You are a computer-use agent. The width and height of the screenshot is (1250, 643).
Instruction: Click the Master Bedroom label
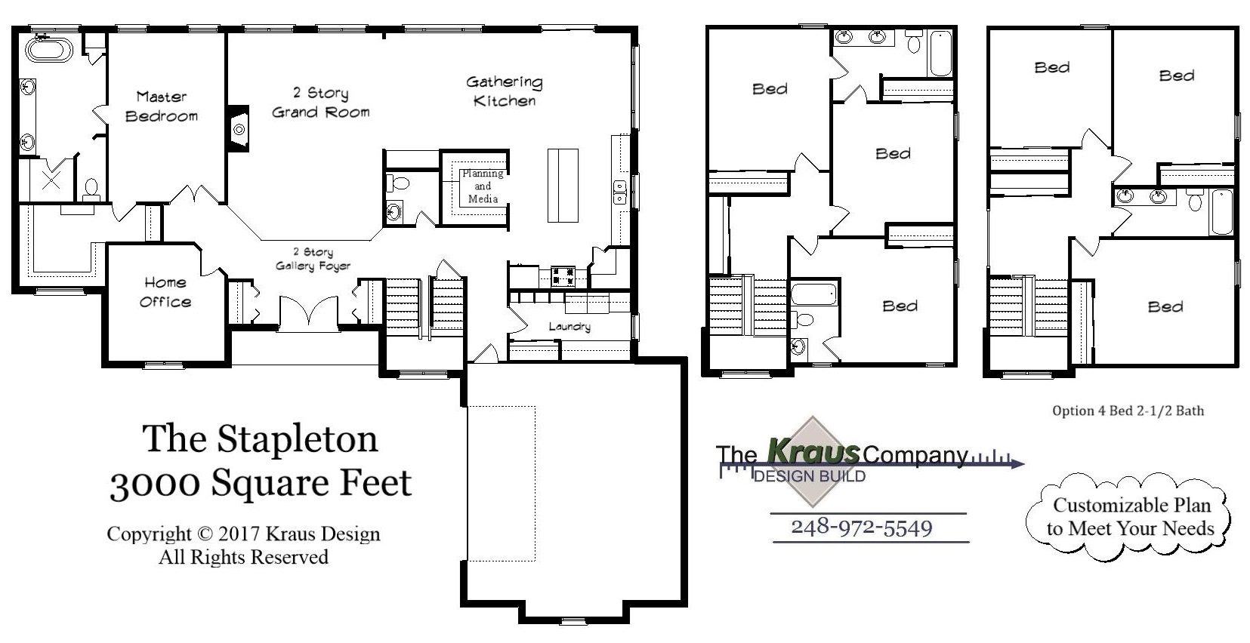162,106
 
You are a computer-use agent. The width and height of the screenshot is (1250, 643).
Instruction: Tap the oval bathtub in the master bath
49,51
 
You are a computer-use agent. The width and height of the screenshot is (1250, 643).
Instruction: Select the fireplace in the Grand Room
239,129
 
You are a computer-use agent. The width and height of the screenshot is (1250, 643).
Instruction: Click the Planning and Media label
483,186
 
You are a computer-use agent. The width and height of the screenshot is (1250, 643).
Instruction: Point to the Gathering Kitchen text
505,91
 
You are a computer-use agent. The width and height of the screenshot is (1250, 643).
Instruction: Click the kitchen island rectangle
563,186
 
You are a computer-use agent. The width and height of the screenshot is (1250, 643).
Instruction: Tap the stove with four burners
563,276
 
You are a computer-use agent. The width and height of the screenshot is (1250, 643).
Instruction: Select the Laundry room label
569,326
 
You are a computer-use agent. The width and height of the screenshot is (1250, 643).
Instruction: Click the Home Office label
165,292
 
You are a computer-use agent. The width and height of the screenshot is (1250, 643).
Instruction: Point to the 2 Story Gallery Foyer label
313,259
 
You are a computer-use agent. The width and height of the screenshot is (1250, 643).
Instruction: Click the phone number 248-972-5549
861,527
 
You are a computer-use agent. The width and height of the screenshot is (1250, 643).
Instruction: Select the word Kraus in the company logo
813,451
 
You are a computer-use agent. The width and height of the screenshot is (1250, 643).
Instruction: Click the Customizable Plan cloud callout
1131,517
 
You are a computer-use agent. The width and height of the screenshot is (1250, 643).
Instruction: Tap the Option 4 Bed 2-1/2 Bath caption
1128,411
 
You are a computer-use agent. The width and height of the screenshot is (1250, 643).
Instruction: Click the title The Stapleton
260,438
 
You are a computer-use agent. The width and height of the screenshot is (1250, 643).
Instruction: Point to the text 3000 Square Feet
261,483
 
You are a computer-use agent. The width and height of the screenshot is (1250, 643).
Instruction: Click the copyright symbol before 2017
205,534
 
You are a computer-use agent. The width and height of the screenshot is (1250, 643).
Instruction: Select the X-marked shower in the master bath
51,180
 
